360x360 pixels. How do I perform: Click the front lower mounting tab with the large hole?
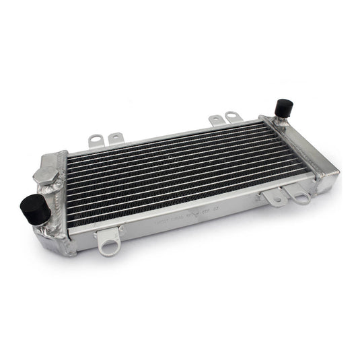click(108, 241)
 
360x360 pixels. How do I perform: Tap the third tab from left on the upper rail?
click(216, 120)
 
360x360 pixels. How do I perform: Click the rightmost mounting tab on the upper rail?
click(232, 117)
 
